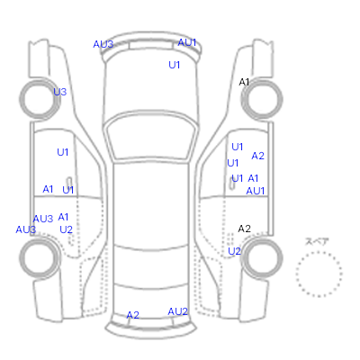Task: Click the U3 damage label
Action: click(60, 92)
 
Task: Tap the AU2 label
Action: click(177, 311)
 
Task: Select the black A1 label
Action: click(244, 82)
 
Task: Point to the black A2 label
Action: click(244, 229)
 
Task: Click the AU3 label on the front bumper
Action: click(103, 44)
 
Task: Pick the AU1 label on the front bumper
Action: click(187, 42)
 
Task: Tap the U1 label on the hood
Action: click(175, 65)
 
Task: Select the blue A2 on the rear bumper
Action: click(133, 315)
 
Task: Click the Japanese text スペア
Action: click(317, 241)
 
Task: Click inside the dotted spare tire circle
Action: click(319, 274)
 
